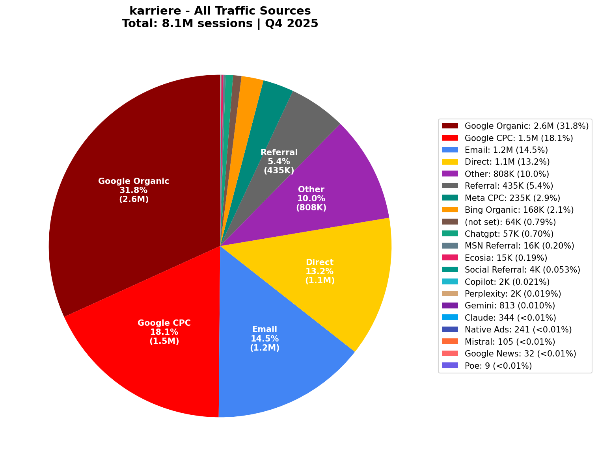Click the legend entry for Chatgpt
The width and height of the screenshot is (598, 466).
509,234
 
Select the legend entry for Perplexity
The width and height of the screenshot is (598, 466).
513,294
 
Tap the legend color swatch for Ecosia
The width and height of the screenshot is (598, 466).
450,258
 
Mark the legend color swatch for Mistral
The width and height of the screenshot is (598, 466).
450,342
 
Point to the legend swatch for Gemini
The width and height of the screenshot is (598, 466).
450,306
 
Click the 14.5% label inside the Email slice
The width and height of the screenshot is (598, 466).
265,338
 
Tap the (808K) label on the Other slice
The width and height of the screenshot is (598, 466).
311,207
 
